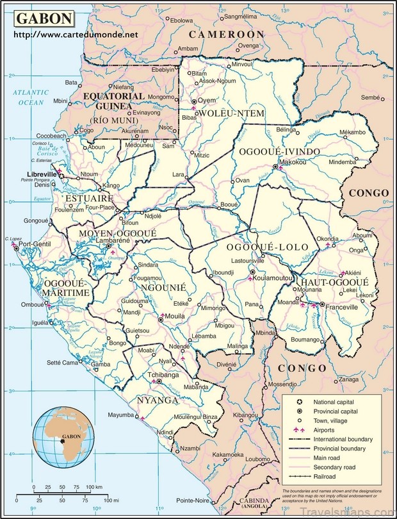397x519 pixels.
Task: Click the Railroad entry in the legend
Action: tap(327, 476)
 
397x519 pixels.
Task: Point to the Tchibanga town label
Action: tap(163, 374)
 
